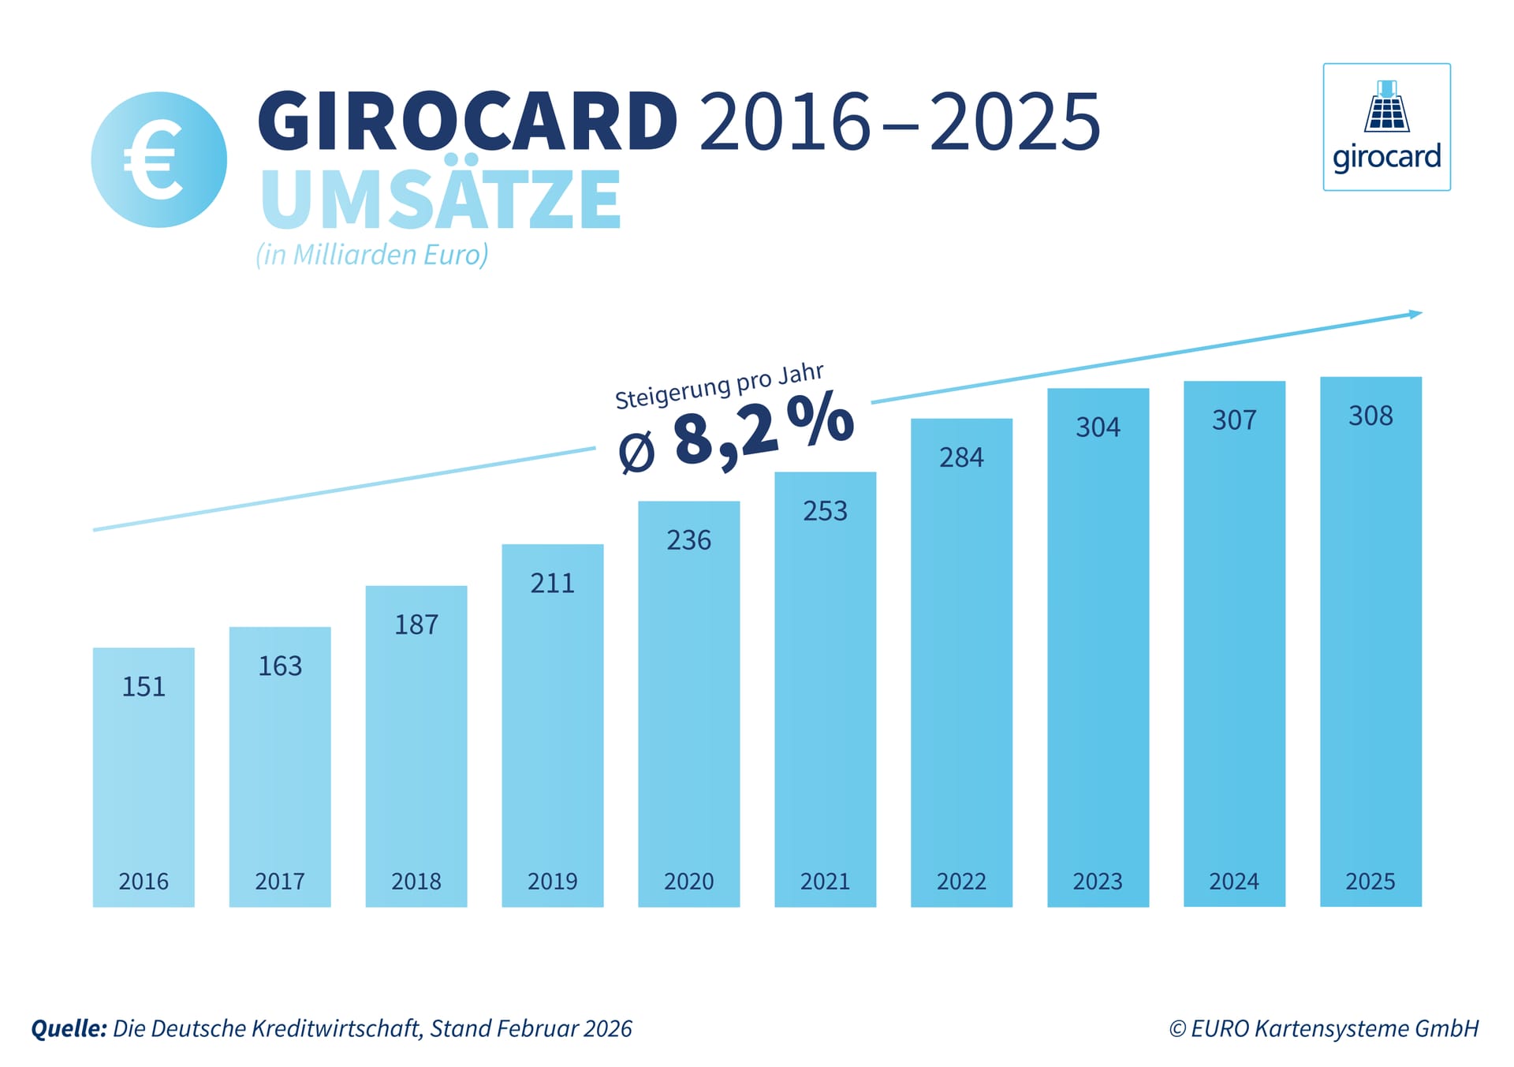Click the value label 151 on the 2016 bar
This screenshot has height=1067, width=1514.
144,687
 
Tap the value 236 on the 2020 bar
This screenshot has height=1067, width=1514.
688,540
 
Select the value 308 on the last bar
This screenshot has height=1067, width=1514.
1370,416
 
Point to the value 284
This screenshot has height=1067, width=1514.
961,457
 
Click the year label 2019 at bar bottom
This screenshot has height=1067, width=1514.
552,881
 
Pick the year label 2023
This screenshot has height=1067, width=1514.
1098,881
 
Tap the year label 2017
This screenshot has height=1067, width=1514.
280,881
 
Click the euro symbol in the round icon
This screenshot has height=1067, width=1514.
155,160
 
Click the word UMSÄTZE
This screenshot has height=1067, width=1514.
440,200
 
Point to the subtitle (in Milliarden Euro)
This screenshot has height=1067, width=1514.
371,255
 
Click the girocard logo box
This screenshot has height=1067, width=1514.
1386,127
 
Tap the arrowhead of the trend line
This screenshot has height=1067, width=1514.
1415,314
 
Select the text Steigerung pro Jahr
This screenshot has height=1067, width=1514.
718,386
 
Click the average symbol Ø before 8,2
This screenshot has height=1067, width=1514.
636,453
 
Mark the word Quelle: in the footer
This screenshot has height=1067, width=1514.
69,1028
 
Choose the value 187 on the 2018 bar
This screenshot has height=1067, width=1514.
416,625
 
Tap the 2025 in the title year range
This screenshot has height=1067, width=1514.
1014,122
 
